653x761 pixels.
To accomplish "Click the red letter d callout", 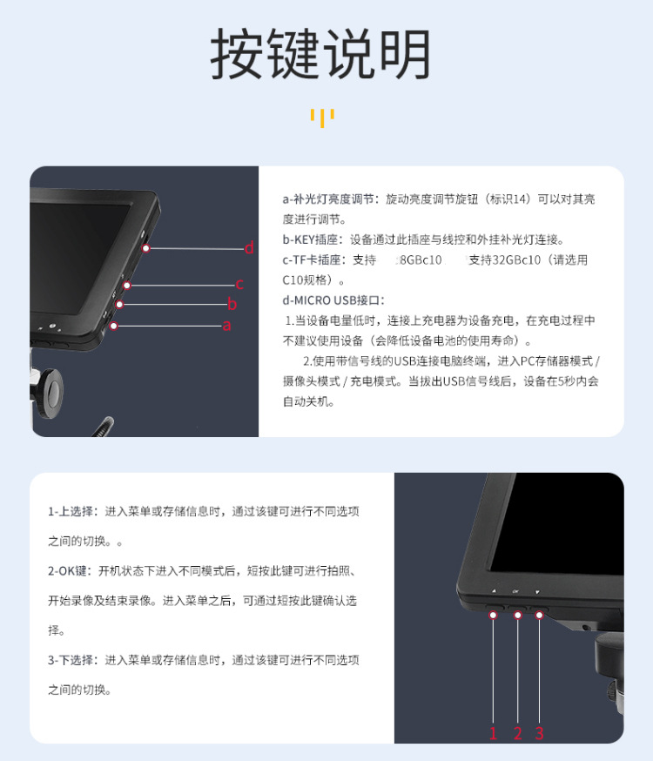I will (249, 248).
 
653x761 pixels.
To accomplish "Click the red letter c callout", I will (239, 284).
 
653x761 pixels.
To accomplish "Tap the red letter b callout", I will (232, 304).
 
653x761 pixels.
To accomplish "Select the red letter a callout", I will (227, 326).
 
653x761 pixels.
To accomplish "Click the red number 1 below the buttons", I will (494, 733).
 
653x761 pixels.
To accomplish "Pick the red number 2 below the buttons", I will (517, 733).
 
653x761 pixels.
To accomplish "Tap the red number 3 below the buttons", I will (539, 733).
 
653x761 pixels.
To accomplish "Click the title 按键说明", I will (321, 56).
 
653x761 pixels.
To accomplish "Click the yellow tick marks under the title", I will (322, 118).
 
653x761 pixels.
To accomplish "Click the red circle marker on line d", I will (146, 248).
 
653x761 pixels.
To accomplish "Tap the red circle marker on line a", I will (113, 327).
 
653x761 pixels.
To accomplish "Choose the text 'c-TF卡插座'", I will (314, 260).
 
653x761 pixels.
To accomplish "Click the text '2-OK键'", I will (70, 570).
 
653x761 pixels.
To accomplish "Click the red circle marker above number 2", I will (517, 616).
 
